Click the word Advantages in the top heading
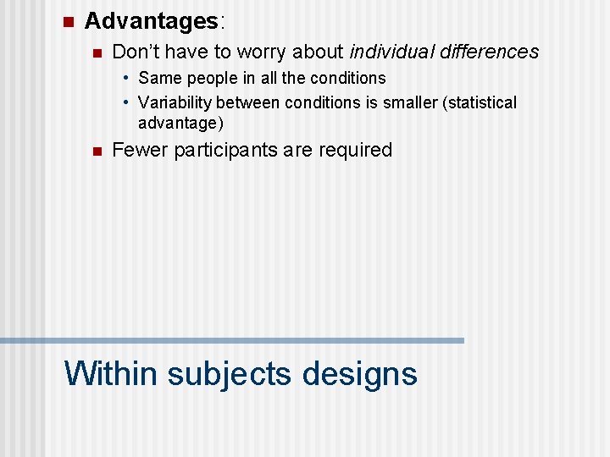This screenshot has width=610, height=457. click(x=151, y=20)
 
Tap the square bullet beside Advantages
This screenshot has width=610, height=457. click(x=69, y=21)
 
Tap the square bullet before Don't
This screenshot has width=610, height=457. click(x=97, y=53)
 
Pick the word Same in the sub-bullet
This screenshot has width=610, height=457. click(x=158, y=78)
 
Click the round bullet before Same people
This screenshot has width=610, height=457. click(x=125, y=79)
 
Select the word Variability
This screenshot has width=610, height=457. click(x=175, y=102)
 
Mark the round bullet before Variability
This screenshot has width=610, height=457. click(x=125, y=103)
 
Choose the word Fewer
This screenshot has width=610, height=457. click(x=140, y=150)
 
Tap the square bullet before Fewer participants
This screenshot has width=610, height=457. click(x=97, y=151)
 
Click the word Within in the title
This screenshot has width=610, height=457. click(x=111, y=372)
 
